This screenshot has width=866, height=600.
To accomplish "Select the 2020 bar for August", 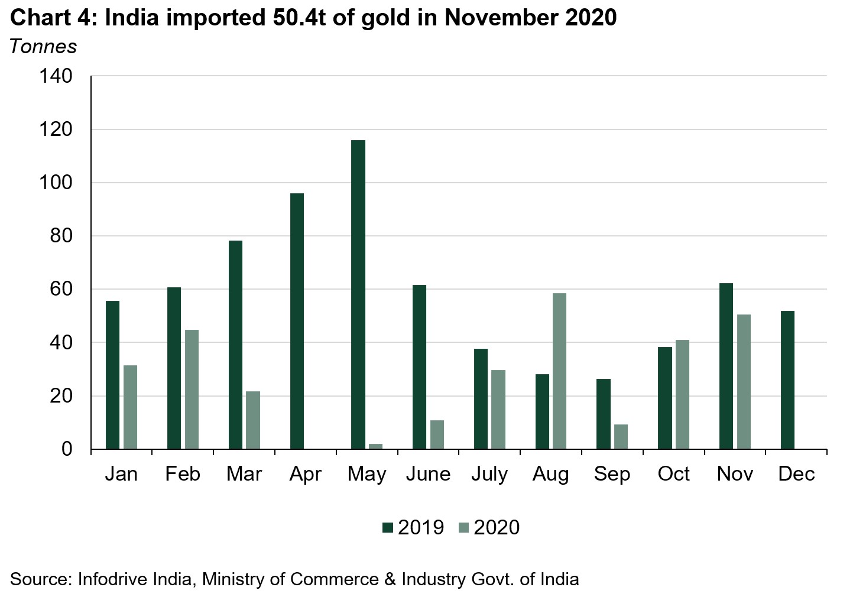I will coord(559,371).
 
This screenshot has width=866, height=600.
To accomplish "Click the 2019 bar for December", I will coord(787,380).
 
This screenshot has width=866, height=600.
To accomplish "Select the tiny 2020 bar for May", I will coord(376,446).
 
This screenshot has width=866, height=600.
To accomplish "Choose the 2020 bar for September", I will coord(621,436).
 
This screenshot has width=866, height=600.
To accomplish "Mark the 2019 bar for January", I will coord(112,375).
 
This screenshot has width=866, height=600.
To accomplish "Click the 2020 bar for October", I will coord(682,394).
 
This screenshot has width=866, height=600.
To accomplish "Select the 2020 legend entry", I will coord(489,527).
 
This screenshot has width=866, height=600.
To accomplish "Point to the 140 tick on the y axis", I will coord(56,76).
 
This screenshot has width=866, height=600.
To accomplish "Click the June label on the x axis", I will coord(428,474).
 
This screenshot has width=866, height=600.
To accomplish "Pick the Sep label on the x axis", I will coord(612,474).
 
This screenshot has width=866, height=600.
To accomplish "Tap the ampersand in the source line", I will coord(390,578).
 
